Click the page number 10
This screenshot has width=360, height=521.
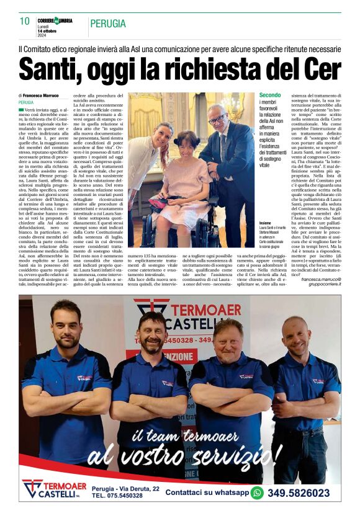[24, 21]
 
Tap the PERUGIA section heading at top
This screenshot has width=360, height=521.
[107, 24]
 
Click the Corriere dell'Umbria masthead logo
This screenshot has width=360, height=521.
[55, 20]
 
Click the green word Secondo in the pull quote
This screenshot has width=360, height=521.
[270, 96]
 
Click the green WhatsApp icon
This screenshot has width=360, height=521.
[257, 493]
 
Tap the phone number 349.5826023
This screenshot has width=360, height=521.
[299, 493]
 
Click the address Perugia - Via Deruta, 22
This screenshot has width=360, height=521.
[125, 489]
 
